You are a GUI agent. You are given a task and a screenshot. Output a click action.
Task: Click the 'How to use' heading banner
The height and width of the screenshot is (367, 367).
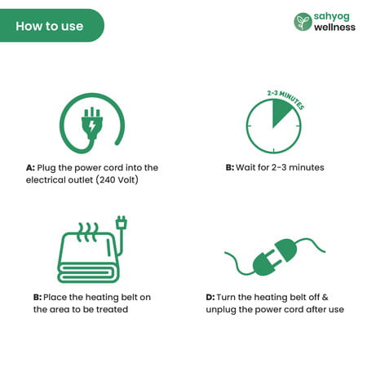[x=51, y=25]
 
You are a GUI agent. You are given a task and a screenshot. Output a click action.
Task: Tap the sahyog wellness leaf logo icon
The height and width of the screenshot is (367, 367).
[x=303, y=22]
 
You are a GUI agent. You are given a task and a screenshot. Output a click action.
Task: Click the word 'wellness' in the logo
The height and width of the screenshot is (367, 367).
[x=334, y=27]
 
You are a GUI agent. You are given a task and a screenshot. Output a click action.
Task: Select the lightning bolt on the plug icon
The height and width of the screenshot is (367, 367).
[x=92, y=126]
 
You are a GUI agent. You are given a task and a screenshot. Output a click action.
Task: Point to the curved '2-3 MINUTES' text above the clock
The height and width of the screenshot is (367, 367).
[x=285, y=99]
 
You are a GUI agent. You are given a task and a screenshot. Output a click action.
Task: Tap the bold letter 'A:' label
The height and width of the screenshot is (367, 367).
[x=30, y=168]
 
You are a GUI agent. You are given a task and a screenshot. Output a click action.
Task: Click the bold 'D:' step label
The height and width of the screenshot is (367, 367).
[x=210, y=297]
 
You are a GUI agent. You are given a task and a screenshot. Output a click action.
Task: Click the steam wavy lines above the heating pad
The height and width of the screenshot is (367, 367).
[x=87, y=232]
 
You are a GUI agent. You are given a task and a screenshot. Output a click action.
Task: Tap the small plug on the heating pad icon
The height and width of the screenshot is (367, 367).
[x=122, y=223]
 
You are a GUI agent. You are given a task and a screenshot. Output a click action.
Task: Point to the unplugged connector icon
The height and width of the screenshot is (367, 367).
[x=274, y=258]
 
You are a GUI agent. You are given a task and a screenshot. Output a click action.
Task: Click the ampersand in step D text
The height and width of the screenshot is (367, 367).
[x=325, y=297]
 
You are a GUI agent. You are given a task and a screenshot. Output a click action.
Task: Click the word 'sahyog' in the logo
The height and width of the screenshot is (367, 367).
[x=332, y=17]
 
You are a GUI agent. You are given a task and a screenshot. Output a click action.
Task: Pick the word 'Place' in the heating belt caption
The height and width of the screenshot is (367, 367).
[x=55, y=297]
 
